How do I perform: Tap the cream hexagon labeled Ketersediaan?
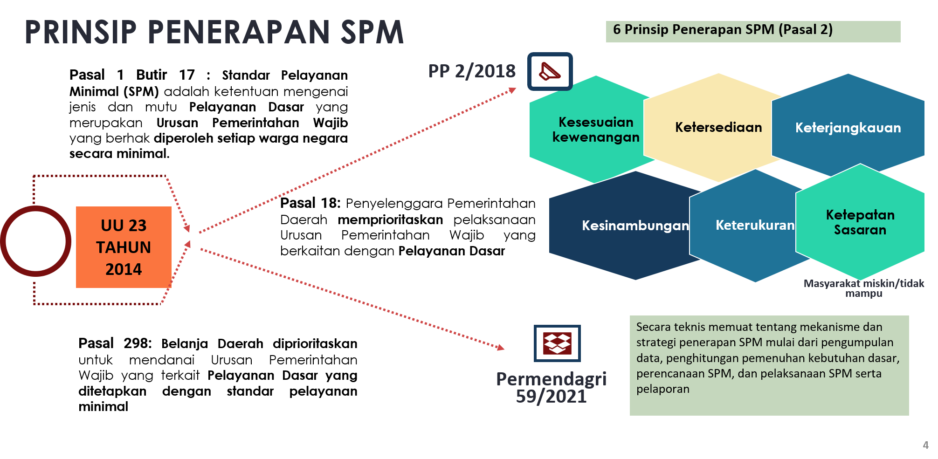point(718,127)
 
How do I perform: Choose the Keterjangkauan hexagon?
point(848,127)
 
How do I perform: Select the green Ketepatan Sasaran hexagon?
point(860,222)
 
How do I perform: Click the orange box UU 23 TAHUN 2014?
point(124,247)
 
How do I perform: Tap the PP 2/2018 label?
point(472,71)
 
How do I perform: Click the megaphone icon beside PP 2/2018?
point(550,71)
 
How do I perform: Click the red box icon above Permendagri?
point(557,343)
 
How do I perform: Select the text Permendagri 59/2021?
point(551,387)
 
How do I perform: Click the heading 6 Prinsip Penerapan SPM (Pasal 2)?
point(723,30)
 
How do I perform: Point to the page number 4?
point(925,445)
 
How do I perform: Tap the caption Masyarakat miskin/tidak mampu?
point(863,288)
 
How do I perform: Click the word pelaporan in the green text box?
point(662,389)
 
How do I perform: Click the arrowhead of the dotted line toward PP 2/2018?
point(512,90)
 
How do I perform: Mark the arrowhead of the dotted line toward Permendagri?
point(501,347)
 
